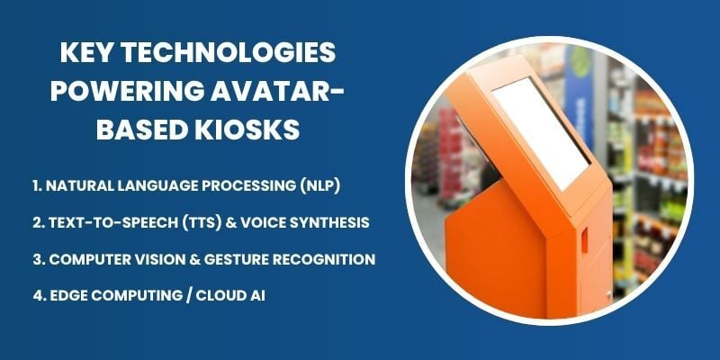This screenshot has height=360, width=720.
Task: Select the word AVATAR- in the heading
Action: tap(280, 91)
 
